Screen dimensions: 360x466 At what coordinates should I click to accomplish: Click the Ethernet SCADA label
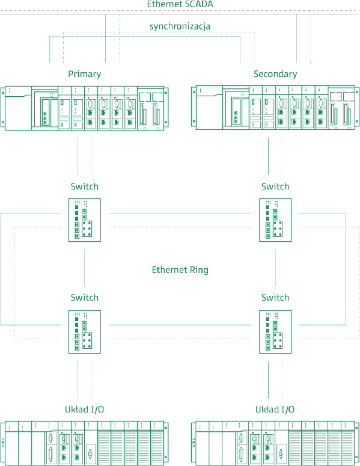coord(180,4)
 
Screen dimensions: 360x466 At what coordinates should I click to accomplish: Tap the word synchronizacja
coord(180,26)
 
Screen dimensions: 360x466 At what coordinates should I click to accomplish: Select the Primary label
coord(85,74)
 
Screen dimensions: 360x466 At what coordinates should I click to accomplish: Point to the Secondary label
coord(275,74)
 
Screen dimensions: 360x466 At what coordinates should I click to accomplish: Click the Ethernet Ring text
coord(180,270)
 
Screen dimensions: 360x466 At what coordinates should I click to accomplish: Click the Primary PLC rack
coord(85,108)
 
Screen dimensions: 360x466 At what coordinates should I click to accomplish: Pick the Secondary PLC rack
coord(275,108)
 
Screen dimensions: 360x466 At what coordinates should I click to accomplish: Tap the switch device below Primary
coord(85,220)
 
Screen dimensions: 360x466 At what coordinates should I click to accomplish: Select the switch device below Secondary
coord(275,220)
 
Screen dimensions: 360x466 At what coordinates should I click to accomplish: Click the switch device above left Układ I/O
coord(85,332)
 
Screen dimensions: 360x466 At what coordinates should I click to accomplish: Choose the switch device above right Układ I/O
coord(275,332)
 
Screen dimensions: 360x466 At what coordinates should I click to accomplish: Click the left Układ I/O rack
coord(85,443)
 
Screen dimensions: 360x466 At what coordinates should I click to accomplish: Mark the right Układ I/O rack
coord(275,443)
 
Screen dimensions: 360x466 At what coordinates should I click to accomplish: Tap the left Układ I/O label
coord(85,409)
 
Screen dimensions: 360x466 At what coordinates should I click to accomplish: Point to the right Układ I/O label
coord(275,409)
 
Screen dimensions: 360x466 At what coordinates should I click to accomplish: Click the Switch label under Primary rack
coord(85,186)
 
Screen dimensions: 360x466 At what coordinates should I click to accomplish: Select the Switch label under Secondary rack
coord(275,186)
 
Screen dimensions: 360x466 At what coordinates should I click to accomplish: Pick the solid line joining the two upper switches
coord(180,213)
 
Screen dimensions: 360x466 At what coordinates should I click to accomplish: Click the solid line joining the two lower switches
coord(180,325)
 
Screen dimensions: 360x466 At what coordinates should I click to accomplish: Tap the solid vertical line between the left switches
coord(84,268)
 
